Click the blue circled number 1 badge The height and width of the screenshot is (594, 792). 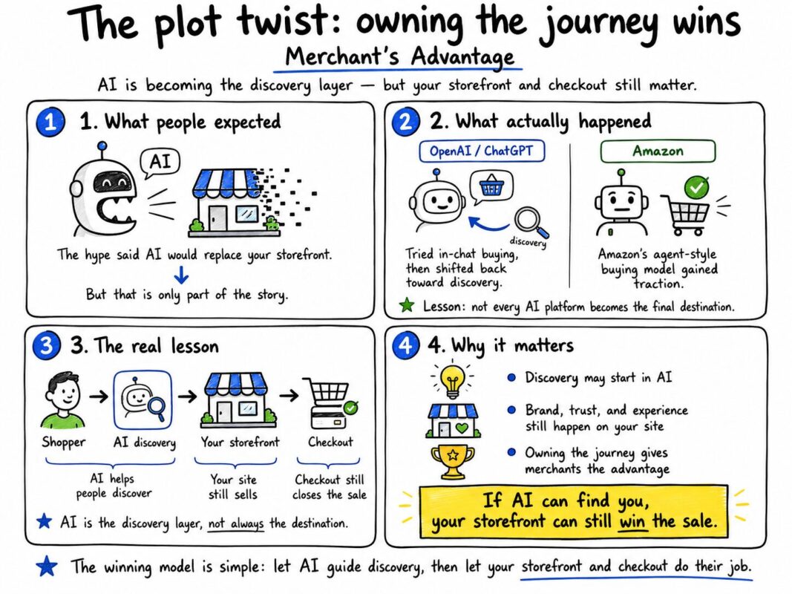coord(50,122)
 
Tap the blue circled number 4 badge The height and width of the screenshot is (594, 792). coord(405,345)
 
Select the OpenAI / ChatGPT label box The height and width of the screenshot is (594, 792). coord(482,151)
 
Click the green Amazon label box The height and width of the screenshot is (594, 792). coord(658,151)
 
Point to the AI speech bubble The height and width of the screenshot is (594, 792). coord(160,163)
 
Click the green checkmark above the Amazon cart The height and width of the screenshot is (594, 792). coord(696,188)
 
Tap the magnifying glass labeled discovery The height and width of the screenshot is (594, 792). coord(531,222)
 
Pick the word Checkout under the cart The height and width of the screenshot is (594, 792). coord(330,442)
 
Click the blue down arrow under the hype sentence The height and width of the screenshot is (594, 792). coord(181,275)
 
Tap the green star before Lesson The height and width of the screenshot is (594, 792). coord(407,305)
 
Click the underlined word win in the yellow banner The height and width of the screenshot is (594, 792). coord(633,521)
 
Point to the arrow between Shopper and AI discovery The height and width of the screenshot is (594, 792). coord(99,396)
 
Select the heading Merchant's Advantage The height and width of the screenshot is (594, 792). coord(399,56)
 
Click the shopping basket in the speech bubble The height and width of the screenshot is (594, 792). coord(491,186)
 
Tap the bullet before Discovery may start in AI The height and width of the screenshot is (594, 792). coord(511,378)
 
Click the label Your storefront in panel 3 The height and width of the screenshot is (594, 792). coord(240,443)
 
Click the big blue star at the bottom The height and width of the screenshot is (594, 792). coord(47,566)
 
